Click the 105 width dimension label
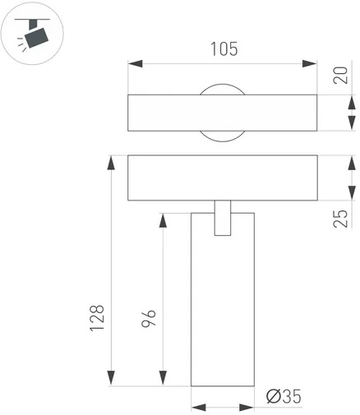click(224, 49)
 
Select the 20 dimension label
click(340, 75)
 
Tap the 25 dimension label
click(340, 219)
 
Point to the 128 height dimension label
click(97, 318)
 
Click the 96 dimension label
click(149, 319)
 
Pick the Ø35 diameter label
click(284, 396)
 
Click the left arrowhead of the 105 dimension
click(136, 64)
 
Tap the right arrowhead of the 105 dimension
click(309, 64)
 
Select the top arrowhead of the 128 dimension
click(111, 164)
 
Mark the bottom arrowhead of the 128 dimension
click(111, 378)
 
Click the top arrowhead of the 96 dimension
click(163, 220)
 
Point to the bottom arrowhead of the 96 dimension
click(163, 378)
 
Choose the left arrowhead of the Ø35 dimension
click(198, 408)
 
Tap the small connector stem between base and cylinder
click(223, 218)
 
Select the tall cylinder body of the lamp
click(223, 299)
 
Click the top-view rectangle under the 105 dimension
click(223, 113)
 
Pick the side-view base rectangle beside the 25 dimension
click(223, 178)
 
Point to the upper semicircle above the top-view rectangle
click(223, 85)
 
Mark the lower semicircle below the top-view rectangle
click(223, 141)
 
